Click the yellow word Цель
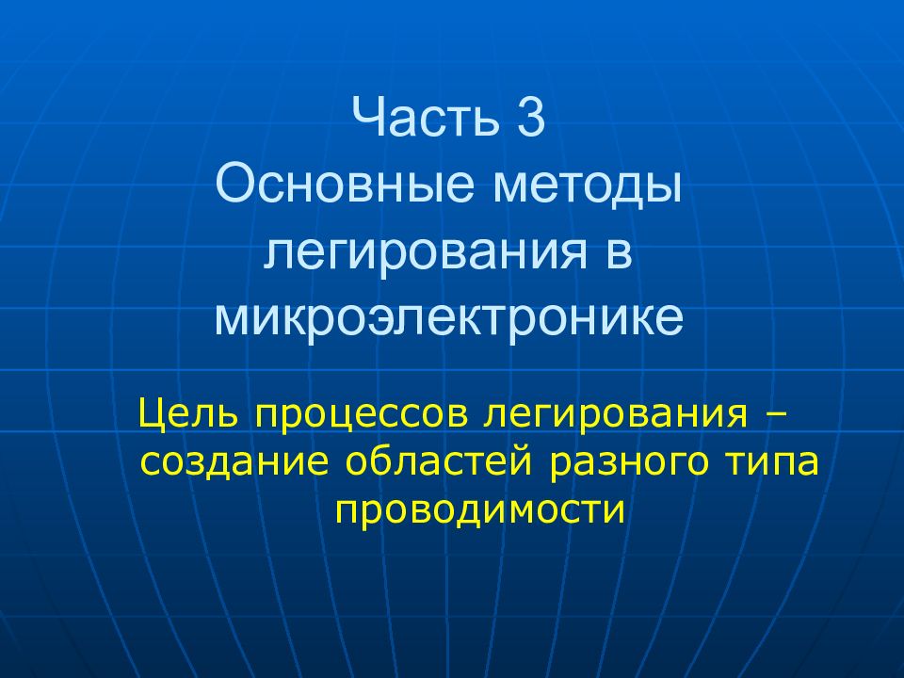click(186, 414)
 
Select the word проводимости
click(479, 511)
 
